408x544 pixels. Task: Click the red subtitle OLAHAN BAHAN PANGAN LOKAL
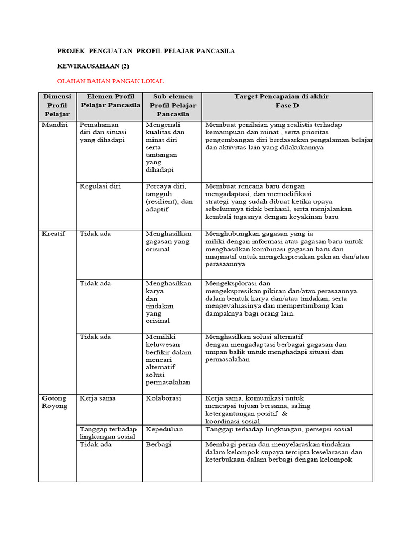(x=110, y=81)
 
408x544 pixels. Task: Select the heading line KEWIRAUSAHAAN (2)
(x=93, y=66)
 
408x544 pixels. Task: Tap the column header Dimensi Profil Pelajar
(x=57, y=105)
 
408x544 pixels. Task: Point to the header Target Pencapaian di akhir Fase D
(x=282, y=100)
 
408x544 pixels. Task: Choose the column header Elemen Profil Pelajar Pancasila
(x=110, y=101)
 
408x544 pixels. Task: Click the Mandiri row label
(x=54, y=125)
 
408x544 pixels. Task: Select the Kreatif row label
(x=53, y=234)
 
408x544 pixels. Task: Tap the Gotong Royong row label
(x=55, y=402)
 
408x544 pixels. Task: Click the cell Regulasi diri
(x=100, y=186)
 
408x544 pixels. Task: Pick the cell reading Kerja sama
(x=98, y=398)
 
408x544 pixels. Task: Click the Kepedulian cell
(x=164, y=429)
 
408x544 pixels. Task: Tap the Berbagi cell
(x=158, y=445)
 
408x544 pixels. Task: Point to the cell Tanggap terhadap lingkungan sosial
(x=108, y=432)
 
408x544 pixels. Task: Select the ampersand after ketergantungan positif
(x=284, y=413)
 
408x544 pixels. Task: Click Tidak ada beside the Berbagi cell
(x=96, y=445)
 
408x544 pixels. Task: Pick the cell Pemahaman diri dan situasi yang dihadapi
(x=104, y=132)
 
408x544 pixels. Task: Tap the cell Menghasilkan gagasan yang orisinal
(x=168, y=241)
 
